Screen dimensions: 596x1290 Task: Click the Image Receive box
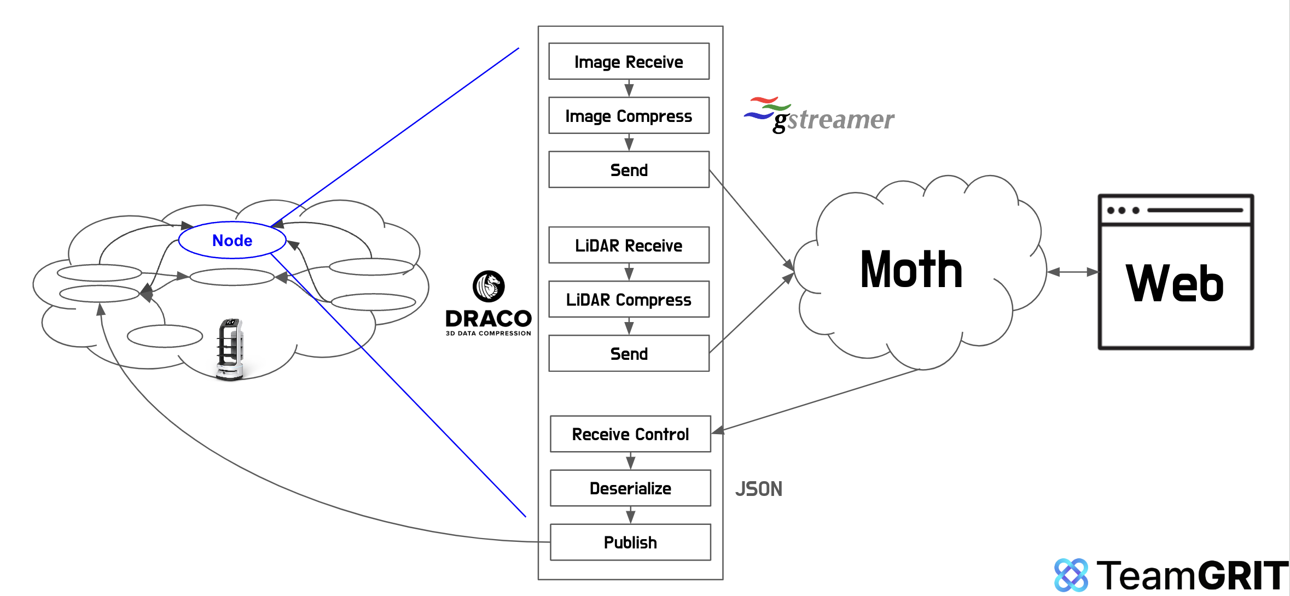pyautogui.click(x=629, y=61)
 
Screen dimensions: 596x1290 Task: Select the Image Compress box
pyautogui.click(x=629, y=115)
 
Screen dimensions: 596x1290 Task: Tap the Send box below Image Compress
pyautogui.click(x=629, y=170)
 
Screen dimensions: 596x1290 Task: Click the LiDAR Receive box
pyautogui.click(x=629, y=245)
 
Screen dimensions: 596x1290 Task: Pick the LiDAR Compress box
pyautogui.click(x=629, y=299)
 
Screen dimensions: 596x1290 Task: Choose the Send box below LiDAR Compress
pyautogui.click(x=629, y=353)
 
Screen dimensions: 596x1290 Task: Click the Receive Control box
pyautogui.click(x=630, y=434)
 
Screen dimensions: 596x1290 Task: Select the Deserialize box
pyautogui.click(x=630, y=488)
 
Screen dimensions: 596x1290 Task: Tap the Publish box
pyautogui.click(x=630, y=542)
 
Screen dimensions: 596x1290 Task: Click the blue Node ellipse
pyautogui.click(x=232, y=240)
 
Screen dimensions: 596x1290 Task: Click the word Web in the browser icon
pyautogui.click(x=1175, y=283)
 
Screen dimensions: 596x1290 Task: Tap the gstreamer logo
pyautogui.click(x=819, y=115)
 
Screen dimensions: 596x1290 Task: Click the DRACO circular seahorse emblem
pyautogui.click(x=488, y=286)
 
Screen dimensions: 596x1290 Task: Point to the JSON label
pyautogui.click(x=758, y=489)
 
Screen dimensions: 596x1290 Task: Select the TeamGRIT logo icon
pyautogui.click(x=1071, y=575)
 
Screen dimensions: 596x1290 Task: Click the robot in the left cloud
pyautogui.click(x=230, y=349)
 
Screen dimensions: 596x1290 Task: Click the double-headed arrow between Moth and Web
pyautogui.click(x=1072, y=272)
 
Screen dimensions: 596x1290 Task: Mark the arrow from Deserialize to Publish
pyautogui.click(x=630, y=515)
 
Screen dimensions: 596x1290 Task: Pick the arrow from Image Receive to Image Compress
pyautogui.click(x=629, y=88)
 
